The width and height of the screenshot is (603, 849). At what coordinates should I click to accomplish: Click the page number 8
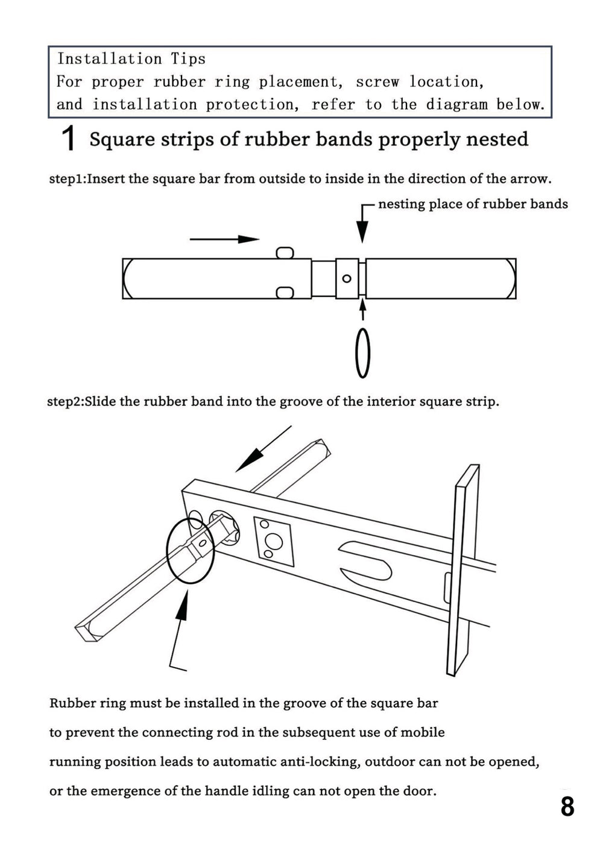(567, 806)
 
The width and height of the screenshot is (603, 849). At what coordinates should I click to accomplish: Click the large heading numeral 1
(69, 139)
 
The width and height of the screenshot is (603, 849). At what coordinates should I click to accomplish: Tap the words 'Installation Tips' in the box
(131, 59)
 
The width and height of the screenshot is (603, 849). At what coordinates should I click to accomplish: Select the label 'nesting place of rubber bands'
(473, 204)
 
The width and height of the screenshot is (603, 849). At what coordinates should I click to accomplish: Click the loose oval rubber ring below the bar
(362, 353)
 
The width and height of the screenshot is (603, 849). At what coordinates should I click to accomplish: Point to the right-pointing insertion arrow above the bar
(224, 239)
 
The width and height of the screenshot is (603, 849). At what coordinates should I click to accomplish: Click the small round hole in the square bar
(347, 278)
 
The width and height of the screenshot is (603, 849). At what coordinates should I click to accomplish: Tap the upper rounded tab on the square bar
(285, 252)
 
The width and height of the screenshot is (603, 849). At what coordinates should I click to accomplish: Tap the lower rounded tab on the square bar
(285, 293)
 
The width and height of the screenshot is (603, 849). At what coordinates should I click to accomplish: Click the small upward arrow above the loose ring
(362, 310)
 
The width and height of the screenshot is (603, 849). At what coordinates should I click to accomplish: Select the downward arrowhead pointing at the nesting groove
(362, 231)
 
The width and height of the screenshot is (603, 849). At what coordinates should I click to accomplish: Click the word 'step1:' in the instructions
(67, 179)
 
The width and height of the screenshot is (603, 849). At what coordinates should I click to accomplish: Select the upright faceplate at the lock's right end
(463, 569)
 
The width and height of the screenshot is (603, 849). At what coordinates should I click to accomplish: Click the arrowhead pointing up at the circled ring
(183, 606)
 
